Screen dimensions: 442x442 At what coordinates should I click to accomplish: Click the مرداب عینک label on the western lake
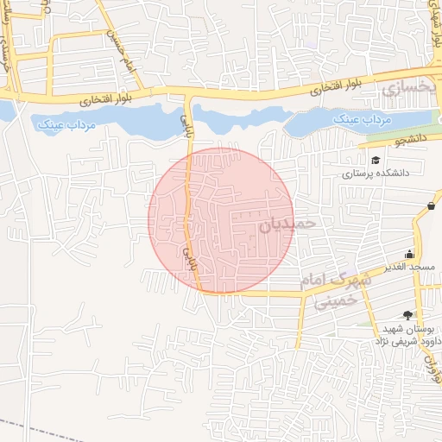click(66, 126)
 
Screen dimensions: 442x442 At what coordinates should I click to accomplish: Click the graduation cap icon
click(375, 160)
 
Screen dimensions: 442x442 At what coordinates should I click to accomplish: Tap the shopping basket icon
click(431, 205)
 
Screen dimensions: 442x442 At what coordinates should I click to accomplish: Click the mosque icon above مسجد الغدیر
click(408, 255)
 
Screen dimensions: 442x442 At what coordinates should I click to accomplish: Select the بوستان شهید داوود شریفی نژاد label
click(406, 336)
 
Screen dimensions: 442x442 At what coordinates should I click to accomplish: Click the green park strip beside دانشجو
click(401, 131)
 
